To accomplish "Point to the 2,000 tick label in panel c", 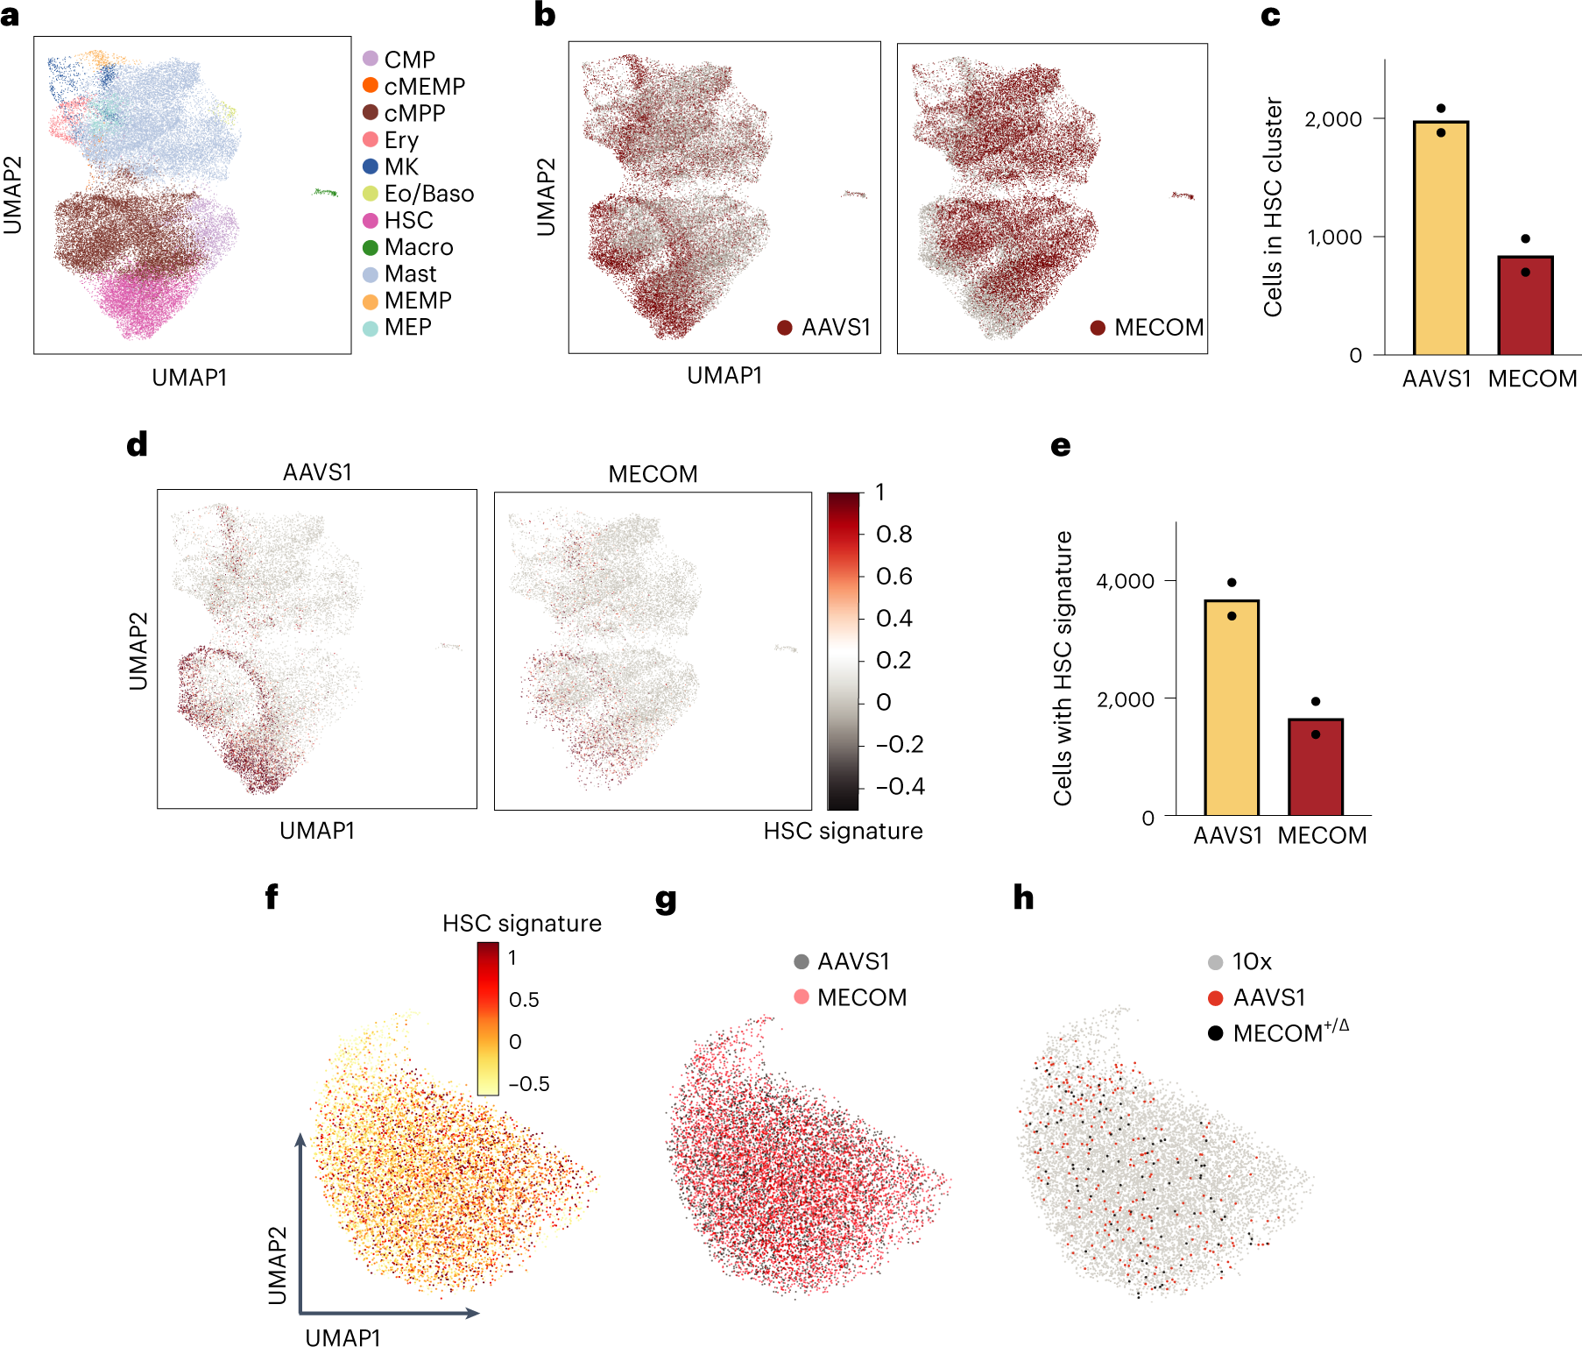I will click(1332, 119).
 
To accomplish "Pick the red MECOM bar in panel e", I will click(1315, 767).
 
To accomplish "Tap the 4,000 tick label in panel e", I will click(1125, 581).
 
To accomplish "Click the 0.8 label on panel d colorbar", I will click(893, 535).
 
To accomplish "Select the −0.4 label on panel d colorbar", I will click(900, 786).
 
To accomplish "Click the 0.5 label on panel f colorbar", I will click(524, 1000).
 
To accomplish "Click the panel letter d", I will click(137, 445).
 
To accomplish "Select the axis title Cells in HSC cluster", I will click(1272, 207).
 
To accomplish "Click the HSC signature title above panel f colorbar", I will click(521, 924).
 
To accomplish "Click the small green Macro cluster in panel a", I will click(326, 192).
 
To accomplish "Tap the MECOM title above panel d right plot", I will click(653, 474).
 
